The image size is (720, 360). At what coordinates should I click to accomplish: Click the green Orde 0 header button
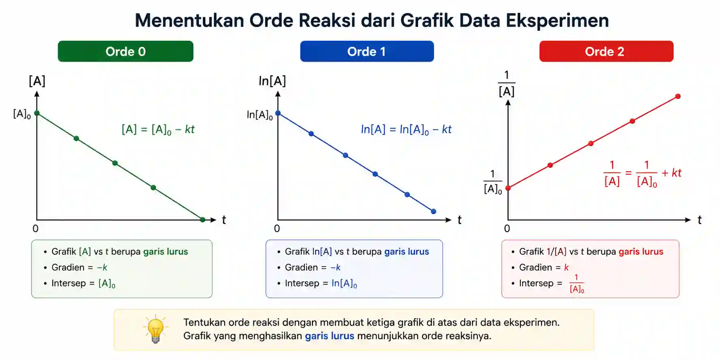click(x=125, y=51)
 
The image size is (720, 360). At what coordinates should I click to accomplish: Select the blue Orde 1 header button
click(x=367, y=51)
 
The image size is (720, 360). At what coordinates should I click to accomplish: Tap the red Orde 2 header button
click(x=606, y=51)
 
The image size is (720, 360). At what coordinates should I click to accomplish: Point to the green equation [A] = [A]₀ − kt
click(x=158, y=129)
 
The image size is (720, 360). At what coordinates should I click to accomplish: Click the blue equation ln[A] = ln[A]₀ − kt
click(x=406, y=129)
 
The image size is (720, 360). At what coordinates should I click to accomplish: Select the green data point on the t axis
click(x=203, y=220)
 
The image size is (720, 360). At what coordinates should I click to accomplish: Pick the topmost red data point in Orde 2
click(x=678, y=97)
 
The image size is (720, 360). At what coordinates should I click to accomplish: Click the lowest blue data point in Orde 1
click(x=433, y=211)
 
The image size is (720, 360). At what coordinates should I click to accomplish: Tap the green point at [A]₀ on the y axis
click(x=37, y=113)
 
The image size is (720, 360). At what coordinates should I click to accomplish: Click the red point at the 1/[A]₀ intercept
click(x=508, y=188)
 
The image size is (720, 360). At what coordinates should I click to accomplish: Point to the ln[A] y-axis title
click(x=272, y=81)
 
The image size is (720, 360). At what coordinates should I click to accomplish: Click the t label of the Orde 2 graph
click(x=699, y=220)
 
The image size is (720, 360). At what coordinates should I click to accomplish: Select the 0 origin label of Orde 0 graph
click(x=36, y=229)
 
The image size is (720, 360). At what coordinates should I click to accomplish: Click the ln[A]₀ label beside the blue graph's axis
click(x=260, y=115)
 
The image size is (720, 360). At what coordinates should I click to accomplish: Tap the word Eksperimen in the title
click(x=557, y=21)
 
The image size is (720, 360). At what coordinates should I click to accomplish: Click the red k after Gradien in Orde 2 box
click(x=566, y=267)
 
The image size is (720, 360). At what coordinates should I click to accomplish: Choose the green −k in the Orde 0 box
click(x=102, y=267)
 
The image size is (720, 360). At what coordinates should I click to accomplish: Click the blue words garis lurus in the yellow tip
click(x=330, y=336)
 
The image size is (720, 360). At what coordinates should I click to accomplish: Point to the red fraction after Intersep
click(x=577, y=283)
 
